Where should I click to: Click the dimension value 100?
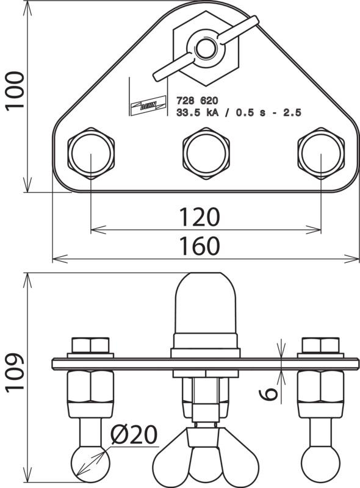15,90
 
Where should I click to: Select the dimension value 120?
200,217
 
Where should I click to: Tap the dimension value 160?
200,246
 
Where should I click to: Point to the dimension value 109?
15,372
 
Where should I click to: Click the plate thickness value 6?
268,393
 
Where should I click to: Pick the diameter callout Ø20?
134,434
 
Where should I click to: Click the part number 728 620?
197,101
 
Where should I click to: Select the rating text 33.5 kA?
198,112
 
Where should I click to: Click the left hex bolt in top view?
91,154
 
